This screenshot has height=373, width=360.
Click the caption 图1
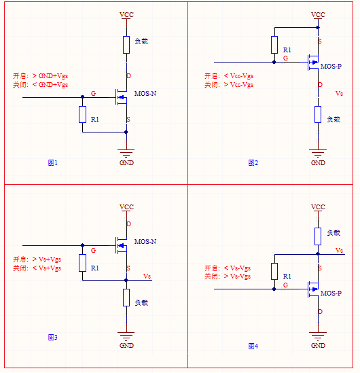(52, 163)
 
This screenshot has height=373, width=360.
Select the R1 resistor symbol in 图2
(274, 46)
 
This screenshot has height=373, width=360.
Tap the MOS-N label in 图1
(145, 93)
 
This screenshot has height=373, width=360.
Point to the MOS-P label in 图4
(331, 294)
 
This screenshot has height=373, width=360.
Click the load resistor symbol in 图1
(126, 45)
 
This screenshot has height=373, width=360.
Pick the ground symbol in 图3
(126, 335)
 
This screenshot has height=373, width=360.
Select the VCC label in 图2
(317, 15)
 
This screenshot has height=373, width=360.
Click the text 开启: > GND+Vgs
(41, 75)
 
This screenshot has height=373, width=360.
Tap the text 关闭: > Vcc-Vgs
(229, 85)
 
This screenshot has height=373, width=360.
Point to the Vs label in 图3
(147, 276)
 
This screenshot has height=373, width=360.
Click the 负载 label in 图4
(333, 233)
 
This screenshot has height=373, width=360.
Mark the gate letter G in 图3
(92, 251)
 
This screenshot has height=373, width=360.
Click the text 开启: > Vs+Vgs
(37, 260)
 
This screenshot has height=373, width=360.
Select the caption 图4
(253, 347)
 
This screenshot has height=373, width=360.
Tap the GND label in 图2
(317, 163)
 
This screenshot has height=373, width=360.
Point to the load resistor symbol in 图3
(126, 298)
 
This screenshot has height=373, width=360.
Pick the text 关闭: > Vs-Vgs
(228, 277)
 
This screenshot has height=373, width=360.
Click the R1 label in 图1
(95, 120)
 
